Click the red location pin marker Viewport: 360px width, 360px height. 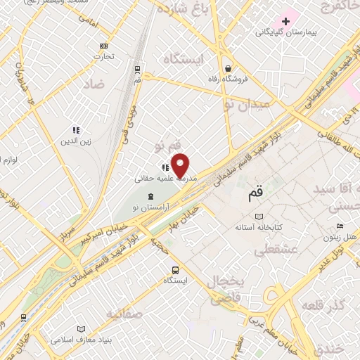[181, 165]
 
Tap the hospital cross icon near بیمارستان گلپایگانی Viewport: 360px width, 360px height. [285, 21]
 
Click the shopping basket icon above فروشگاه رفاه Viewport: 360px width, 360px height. [229, 68]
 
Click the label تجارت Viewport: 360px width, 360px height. [105, 57]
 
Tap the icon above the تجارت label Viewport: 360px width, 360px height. [105, 46]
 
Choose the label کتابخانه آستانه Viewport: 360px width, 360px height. [259, 227]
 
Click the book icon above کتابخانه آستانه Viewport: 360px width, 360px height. [259, 217]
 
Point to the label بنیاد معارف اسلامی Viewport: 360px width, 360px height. [82, 340]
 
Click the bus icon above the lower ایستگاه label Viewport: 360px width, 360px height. [175, 269]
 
